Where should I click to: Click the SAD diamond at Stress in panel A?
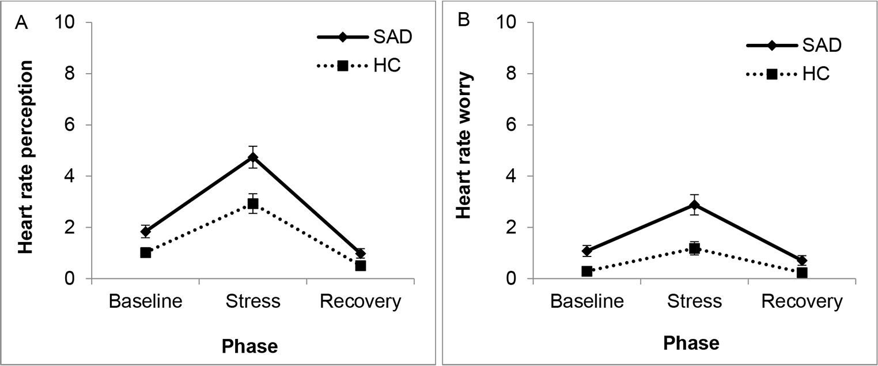coord(253,157)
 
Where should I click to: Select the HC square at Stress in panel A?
coord(253,203)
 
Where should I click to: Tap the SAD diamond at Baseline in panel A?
coord(145,231)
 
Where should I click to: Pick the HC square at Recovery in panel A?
coord(361,266)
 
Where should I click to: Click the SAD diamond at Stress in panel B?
coord(695,205)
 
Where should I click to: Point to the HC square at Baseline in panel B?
coord(586,271)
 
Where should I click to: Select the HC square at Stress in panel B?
coord(695,248)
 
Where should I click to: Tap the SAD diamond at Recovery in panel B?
coord(802,260)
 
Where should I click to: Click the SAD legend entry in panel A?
coord(365,37)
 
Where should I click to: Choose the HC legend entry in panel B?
coord(788,74)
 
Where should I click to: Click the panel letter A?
coord(21,23)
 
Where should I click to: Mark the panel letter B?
coord(464,20)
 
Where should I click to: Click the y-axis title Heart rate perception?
coord(26,157)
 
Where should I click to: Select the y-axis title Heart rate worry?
coord(464,145)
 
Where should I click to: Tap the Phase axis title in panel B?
coord(691,344)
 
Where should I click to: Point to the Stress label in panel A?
coord(253,301)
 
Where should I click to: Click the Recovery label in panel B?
coord(802,302)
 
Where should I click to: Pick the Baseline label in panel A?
coord(145,301)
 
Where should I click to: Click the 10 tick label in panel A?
coord(65,22)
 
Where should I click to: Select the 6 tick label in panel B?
coord(511,125)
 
